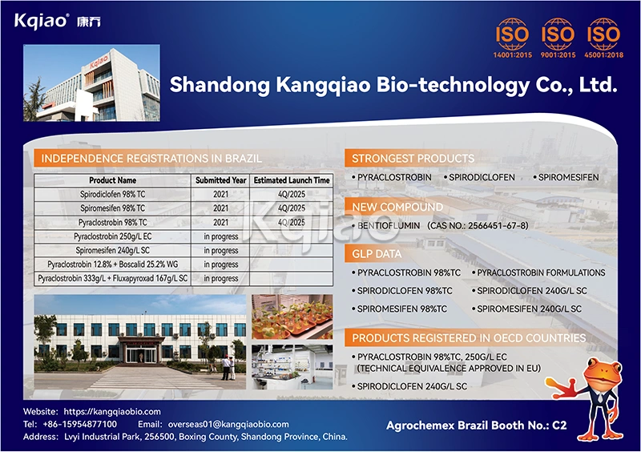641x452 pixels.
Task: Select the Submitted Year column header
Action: pyautogui.click(x=221, y=181)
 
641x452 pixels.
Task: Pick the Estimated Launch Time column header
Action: pyautogui.click(x=292, y=181)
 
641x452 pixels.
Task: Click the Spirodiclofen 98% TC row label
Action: pyautogui.click(x=112, y=195)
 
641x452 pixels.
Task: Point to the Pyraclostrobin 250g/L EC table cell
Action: pyautogui.click(x=112, y=236)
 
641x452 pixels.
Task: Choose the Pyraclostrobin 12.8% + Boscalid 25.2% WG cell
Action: pyautogui.click(x=112, y=264)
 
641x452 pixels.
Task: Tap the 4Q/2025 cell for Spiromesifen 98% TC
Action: pyautogui.click(x=292, y=208)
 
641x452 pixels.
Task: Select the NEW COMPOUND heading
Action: pyautogui.click(x=397, y=208)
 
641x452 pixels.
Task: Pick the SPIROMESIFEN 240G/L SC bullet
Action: pyautogui.click(x=529, y=309)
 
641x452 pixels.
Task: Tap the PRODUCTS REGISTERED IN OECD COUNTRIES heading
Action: pyautogui.click(x=469, y=338)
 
